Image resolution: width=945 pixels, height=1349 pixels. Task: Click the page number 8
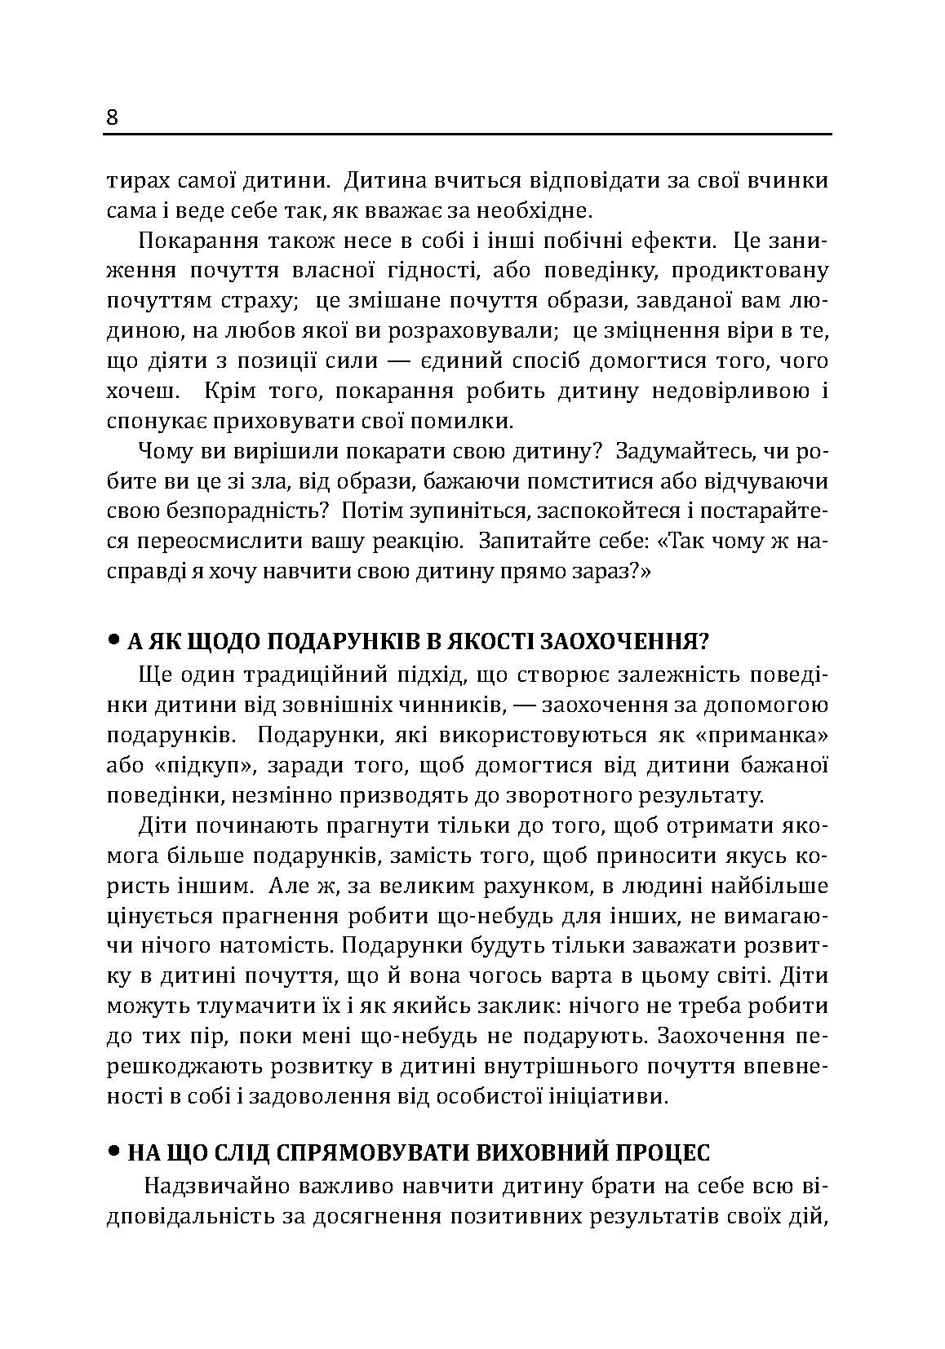click(x=113, y=118)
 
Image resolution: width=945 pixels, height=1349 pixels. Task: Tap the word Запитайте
click(x=526, y=542)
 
